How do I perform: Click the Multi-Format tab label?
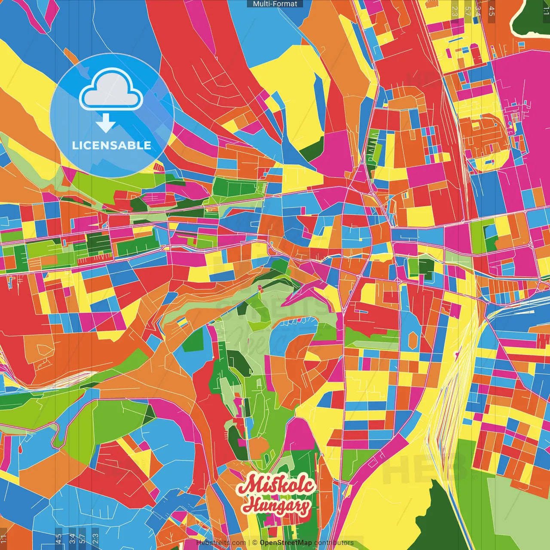[x=275, y=4]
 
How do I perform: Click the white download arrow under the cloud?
[x=106, y=122]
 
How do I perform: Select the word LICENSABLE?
[x=112, y=145]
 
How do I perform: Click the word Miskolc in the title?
[x=277, y=486]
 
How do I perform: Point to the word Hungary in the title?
[x=276, y=506]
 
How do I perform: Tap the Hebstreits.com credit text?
[x=221, y=543]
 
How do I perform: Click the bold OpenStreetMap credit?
[x=285, y=543]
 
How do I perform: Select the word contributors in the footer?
[x=334, y=543]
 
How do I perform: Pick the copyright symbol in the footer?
[x=254, y=543]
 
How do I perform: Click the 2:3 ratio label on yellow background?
[x=455, y=11]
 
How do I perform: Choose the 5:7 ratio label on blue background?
[x=82, y=538]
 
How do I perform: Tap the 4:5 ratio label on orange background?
[x=492, y=11]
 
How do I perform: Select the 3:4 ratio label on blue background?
[x=72, y=538]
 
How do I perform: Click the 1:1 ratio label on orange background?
[x=3, y=538]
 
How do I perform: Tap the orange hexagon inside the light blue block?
[x=413, y=339]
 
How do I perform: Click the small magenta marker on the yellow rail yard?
[x=456, y=354]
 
